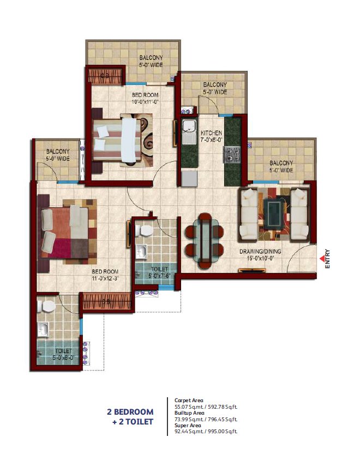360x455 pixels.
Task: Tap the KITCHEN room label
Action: [x=211, y=133]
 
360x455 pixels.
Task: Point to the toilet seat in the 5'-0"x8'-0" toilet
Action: [x=47, y=307]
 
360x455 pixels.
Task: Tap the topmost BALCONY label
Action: [x=150, y=57]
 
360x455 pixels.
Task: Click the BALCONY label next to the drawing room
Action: [x=281, y=163]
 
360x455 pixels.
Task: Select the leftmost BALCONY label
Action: [x=57, y=151]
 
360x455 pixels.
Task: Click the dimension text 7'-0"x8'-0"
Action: [x=211, y=140]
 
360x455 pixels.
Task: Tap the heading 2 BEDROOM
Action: [x=130, y=412]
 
